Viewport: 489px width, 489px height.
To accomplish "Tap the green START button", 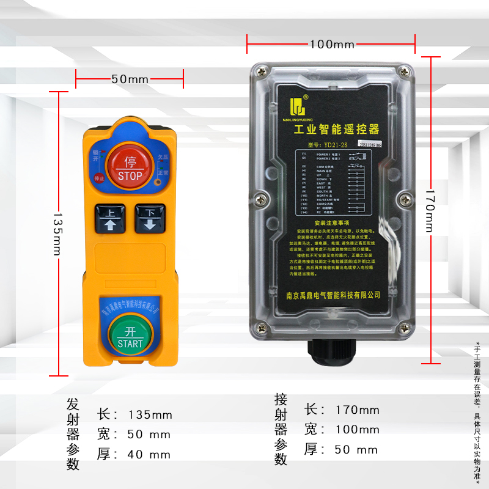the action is point(130,336).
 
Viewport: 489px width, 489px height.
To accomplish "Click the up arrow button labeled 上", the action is point(111,218).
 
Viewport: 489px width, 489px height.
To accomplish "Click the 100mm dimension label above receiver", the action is point(332,45).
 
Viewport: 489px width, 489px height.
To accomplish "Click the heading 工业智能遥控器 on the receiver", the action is point(337,130).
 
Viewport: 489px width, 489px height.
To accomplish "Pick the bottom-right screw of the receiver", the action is point(403,329).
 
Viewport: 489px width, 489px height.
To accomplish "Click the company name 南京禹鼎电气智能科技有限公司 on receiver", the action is point(333,295).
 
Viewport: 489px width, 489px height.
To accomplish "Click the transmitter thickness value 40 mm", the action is point(150,454).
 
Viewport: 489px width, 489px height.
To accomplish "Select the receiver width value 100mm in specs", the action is point(357,430).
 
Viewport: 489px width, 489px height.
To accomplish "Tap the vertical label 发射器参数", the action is point(73,434).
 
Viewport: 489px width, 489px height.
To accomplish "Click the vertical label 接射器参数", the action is point(281,430).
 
